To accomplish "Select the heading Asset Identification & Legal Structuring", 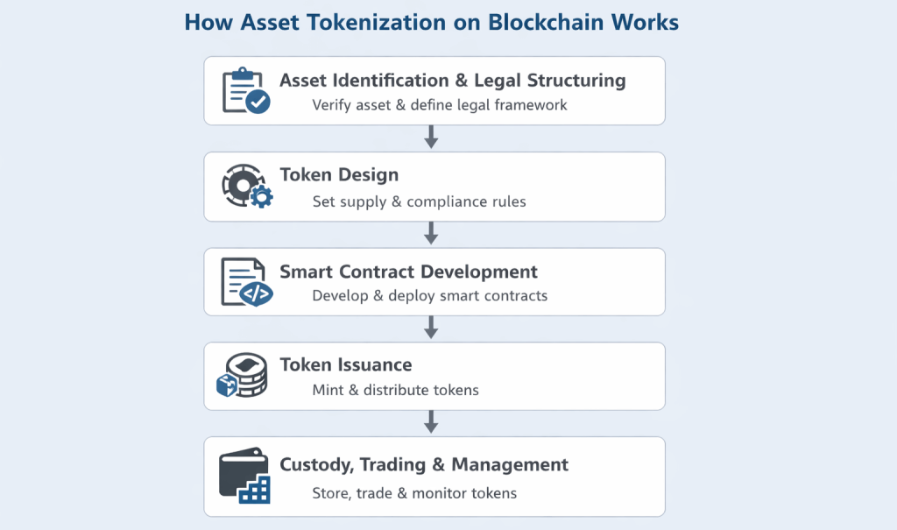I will click(452, 81).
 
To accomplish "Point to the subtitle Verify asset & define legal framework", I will click(440, 105).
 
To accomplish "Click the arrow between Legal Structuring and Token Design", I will click(430, 138).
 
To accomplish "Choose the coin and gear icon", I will click(246, 186).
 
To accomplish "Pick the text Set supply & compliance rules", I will click(419, 201).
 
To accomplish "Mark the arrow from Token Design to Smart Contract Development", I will click(430, 233).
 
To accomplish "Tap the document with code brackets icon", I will click(246, 281).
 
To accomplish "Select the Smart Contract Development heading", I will click(408, 271).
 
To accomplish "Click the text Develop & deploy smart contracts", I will click(429, 296).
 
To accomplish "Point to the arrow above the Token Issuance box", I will click(430, 328).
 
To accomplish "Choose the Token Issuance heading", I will click(345, 364).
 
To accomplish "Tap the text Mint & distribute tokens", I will click(395, 390).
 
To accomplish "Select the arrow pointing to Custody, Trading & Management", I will click(430, 421).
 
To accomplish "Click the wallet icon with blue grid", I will click(244, 477).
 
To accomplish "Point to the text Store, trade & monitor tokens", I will click(414, 493).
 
